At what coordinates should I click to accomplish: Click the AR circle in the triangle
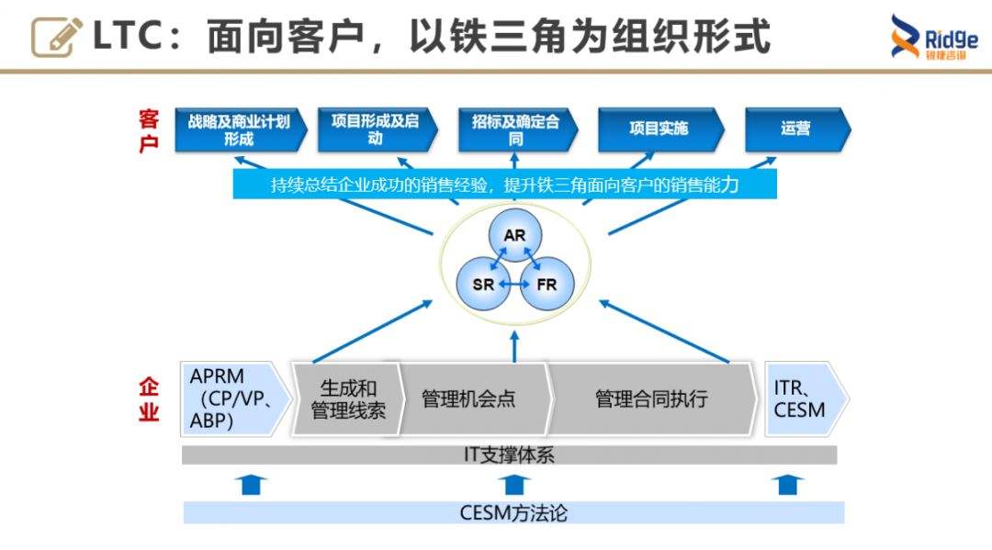coord(514,236)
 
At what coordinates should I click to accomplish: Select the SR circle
coord(484,285)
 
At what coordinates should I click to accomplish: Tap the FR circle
coord(546,285)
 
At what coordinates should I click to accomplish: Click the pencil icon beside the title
coord(57,37)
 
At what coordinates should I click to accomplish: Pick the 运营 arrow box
coord(795,129)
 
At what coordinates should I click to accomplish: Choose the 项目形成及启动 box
coord(375,129)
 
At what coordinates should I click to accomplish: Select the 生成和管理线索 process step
coord(347,399)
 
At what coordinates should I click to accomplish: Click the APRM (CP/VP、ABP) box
coord(230,398)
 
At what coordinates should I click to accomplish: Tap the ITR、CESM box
coord(801,398)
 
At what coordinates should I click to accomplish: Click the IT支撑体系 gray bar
coord(509,455)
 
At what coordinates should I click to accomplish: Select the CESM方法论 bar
coord(513,512)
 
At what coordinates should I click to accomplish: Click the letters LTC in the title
coord(130,37)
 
